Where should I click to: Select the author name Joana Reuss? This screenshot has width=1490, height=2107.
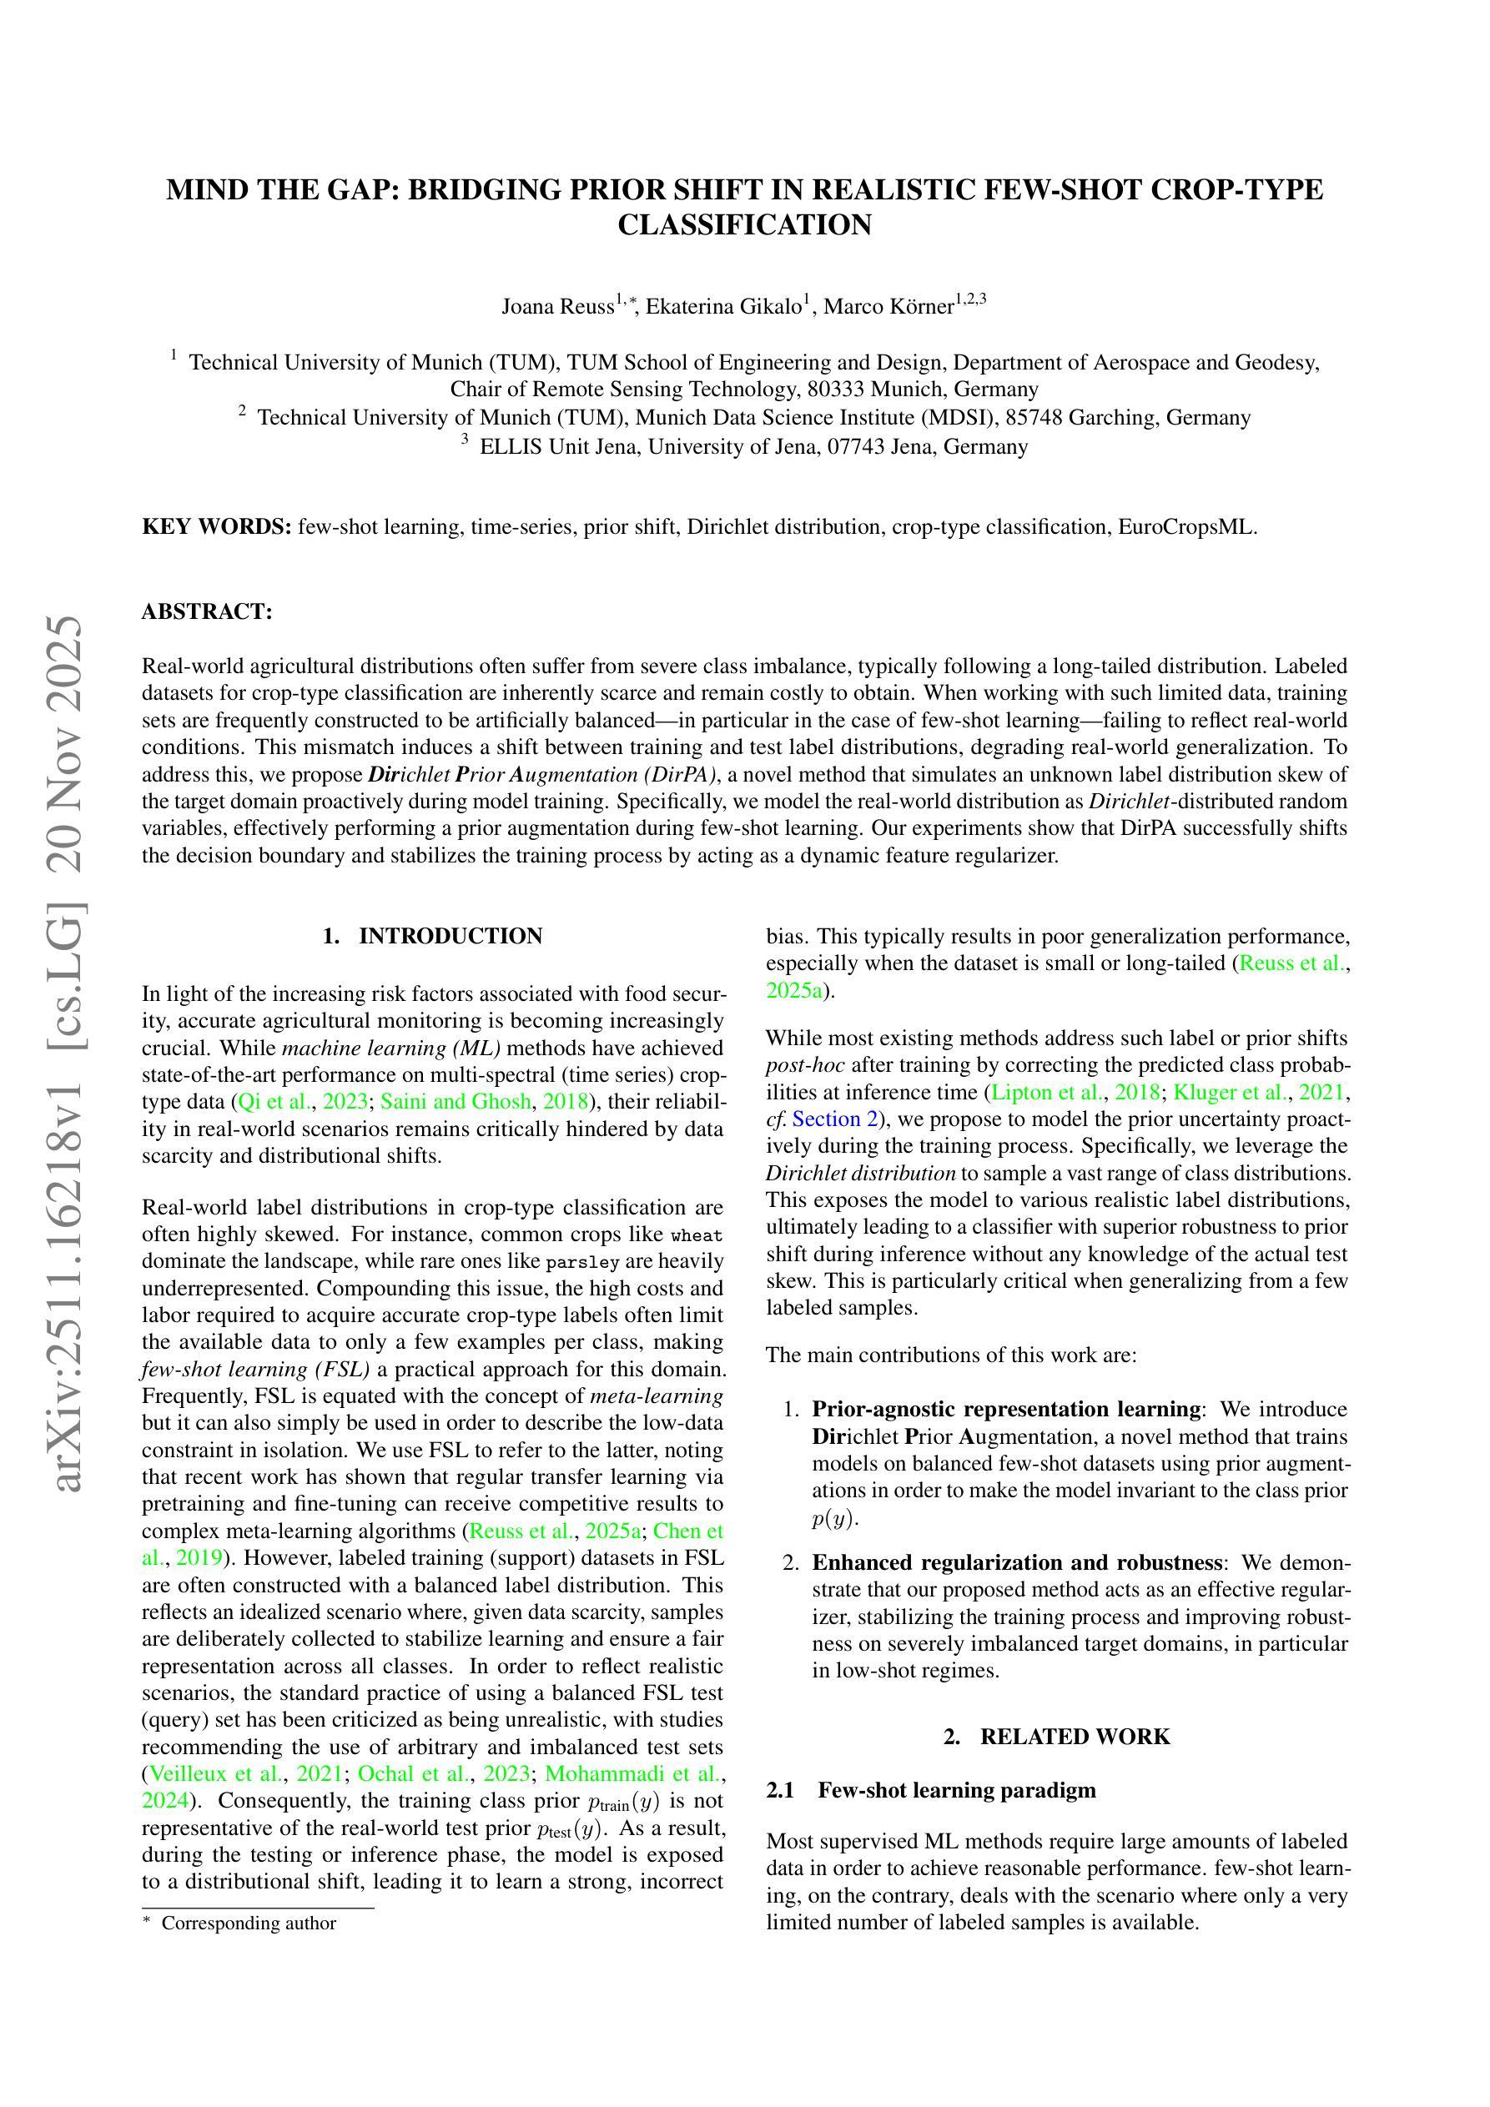(556, 306)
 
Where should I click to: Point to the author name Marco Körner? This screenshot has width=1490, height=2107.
(888, 306)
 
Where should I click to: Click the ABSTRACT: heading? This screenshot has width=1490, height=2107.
(207, 612)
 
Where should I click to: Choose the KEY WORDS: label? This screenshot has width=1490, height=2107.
(217, 527)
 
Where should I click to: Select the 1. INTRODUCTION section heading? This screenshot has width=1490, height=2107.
(432, 936)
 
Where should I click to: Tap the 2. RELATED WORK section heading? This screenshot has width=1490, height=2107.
(1057, 1737)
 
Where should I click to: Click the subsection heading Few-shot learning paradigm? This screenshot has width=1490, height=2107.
(956, 1790)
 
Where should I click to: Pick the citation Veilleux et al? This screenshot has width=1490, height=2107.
(213, 1774)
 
